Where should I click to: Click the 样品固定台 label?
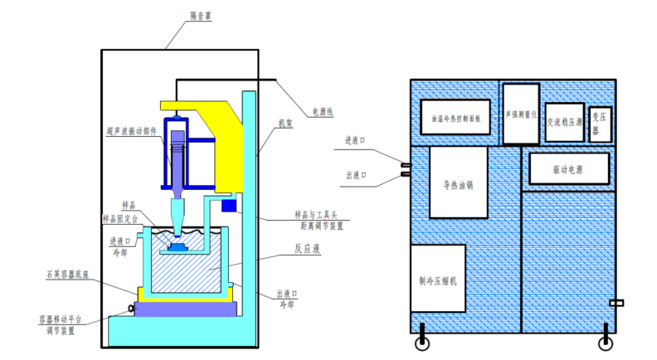[x=122, y=218]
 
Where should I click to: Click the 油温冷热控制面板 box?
[x=456, y=118]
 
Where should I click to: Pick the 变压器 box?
[x=600, y=120]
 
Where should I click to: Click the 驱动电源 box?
[x=568, y=169]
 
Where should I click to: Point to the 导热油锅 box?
[x=457, y=183]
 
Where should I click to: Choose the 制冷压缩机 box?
[x=437, y=279]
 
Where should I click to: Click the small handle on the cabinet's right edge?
[x=615, y=302]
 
